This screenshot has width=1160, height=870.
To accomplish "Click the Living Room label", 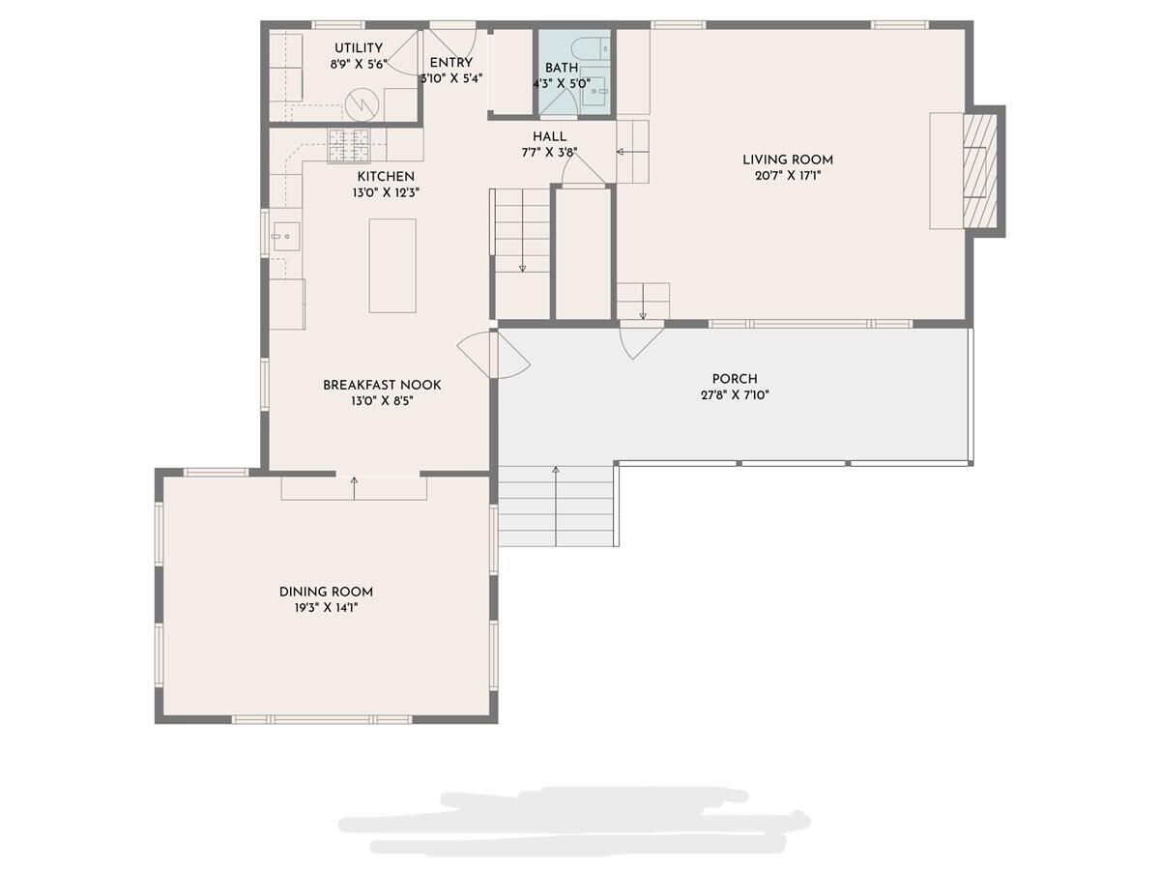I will click(787, 159).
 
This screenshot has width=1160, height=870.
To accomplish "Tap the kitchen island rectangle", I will click(392, 265).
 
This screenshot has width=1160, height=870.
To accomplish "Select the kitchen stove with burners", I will click(349, 144).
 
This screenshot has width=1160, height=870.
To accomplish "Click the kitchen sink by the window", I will click(286, 235).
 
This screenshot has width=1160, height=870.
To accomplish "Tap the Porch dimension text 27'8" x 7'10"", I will click(735, 394).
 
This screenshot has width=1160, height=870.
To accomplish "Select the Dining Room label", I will click(326, 592).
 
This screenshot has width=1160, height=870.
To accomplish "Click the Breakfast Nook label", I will click(382, 385).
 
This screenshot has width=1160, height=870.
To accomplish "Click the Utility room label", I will click(359, 48).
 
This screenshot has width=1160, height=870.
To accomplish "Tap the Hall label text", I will click(549, 136).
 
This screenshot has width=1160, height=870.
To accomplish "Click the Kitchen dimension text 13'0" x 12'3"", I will click(386, 192).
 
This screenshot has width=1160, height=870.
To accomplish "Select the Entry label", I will click(451, 63).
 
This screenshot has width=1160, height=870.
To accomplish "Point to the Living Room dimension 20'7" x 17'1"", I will click(787, 176).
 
